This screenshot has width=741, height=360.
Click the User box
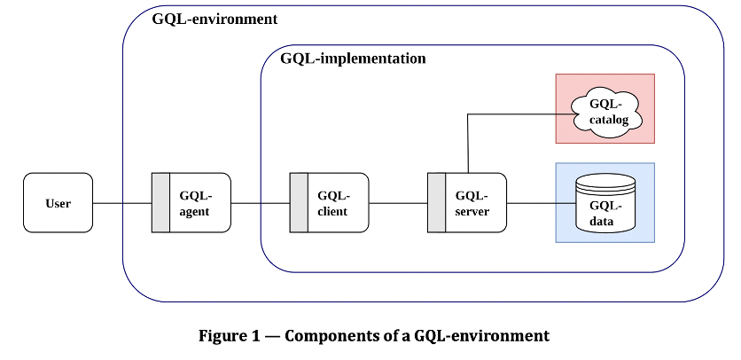click(58, 203)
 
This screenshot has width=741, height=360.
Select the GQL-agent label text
click(196, 203)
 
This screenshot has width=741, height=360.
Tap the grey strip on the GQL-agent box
click(160, 203)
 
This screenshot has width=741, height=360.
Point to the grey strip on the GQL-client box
click(299, 203)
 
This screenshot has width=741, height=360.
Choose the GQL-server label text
click(471, 203)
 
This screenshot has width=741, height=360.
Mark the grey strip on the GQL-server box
click(436, 203)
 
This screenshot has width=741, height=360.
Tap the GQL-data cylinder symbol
click(605, 203)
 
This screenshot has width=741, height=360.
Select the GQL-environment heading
click(214, 19)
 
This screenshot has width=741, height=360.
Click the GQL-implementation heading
click(353, 59)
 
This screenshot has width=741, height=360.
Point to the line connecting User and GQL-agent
click(122, 203)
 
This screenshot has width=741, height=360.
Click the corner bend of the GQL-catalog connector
click(468, 114)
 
